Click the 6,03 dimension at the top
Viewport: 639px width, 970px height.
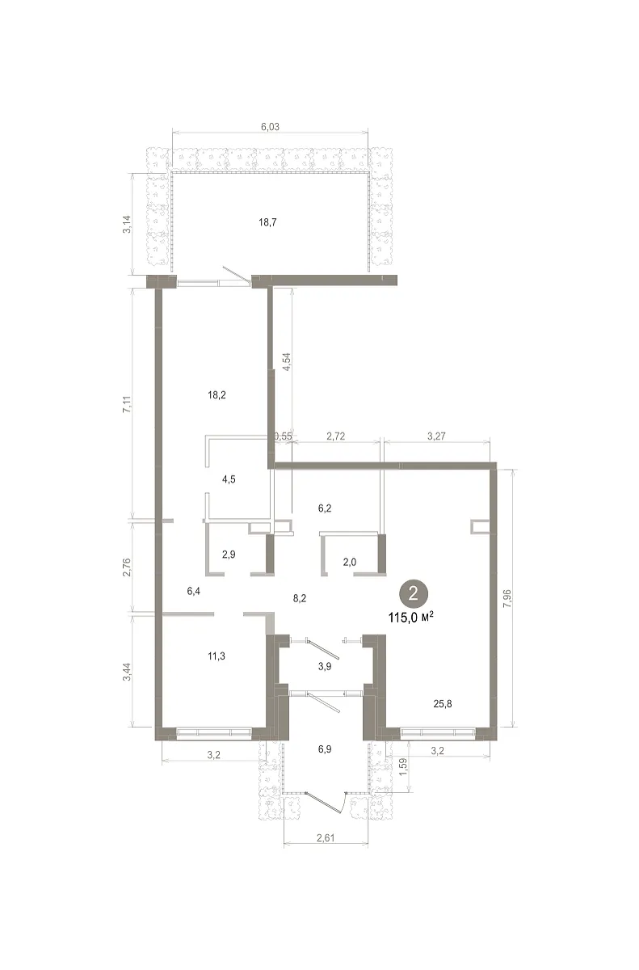point(270,127)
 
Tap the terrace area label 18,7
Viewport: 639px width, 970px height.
point(267,222)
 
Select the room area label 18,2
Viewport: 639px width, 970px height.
point(217,395)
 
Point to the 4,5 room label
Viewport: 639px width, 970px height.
point(229,479)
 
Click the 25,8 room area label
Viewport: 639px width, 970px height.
point(443,704)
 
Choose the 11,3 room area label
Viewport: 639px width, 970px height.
point(217,656)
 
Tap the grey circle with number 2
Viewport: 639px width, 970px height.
point(413,593)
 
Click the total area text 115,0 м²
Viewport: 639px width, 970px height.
point(411,617)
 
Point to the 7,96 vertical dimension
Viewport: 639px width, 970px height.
point(507,598)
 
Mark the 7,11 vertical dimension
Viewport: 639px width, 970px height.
point(126,403)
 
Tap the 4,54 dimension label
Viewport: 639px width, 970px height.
point(286,362)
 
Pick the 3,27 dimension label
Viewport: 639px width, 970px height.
point(436,436)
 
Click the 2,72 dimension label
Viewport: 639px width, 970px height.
point(336,436)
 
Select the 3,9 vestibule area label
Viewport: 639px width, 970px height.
point(325,666)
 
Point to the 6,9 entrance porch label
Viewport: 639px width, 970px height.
point(325,749)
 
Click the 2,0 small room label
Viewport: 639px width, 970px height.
point(350,562)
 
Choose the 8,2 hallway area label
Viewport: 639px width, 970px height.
point(300,598)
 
